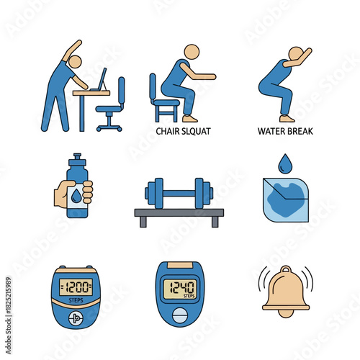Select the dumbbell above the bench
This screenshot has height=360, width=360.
point(179,194)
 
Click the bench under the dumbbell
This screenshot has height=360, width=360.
point(179,215)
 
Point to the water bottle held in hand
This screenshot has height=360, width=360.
point(76,189)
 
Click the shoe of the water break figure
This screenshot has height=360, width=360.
point(287,117)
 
